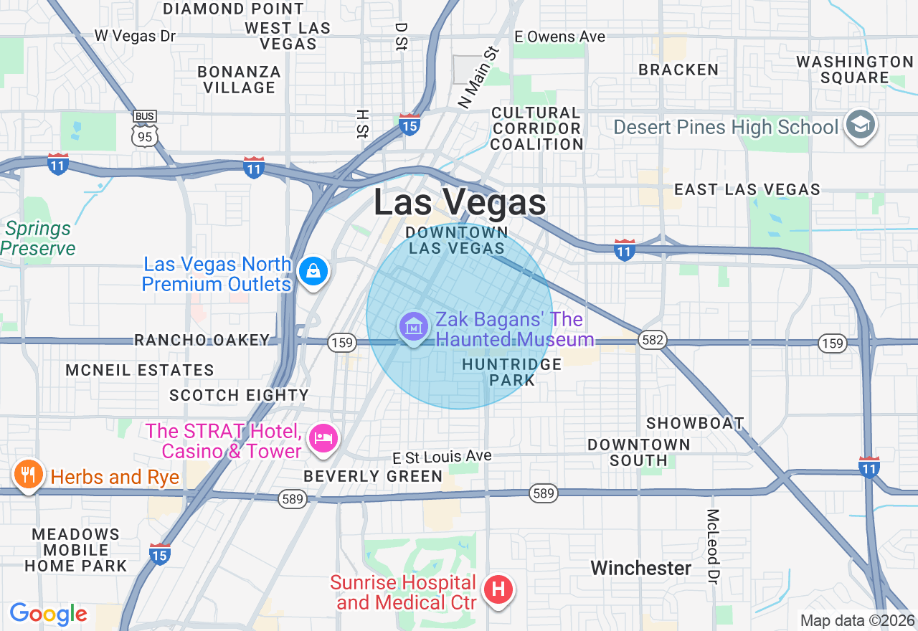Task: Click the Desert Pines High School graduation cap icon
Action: coord(860,125)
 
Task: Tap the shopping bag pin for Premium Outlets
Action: coord(313,272)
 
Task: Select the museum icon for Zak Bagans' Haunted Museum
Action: coord(413,327)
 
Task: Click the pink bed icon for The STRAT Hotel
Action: coord(323,438)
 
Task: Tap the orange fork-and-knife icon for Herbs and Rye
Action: coord(27,475)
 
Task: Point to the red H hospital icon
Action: coord(498,590)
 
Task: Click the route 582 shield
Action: coord(653,341)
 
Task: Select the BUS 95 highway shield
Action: coord(145,129)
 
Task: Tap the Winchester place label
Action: coord(641,569)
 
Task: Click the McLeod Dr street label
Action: coord(712,546)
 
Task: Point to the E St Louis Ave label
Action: coord(442,457)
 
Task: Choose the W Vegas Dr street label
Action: coord(136,36)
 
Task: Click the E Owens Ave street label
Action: coord(560,37)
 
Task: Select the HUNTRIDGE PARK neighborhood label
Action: coord(512,372)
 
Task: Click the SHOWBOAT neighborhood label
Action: coord(695,423)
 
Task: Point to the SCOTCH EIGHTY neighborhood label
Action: coord(239,395)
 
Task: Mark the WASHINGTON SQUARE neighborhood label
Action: coord(854,70)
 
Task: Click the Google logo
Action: coord(48,615)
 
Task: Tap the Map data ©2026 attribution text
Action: coord(857,620)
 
